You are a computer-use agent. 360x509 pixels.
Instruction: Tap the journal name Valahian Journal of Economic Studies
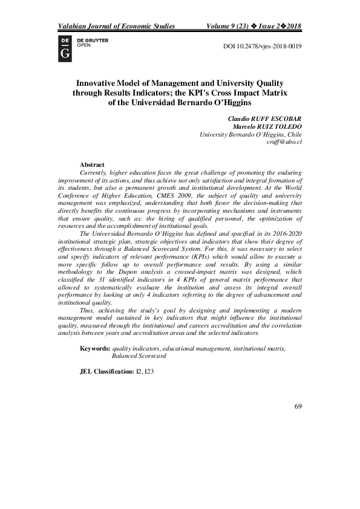pyautogui.click(x=116, y=27)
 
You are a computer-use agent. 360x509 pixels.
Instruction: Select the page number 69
pyautogui.click(x=298, y=406)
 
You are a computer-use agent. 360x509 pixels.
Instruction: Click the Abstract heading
pyautogui.click(x=92, y=164)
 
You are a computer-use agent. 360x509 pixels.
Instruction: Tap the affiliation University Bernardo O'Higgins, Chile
pyautogui.click(x=250, y=134)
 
